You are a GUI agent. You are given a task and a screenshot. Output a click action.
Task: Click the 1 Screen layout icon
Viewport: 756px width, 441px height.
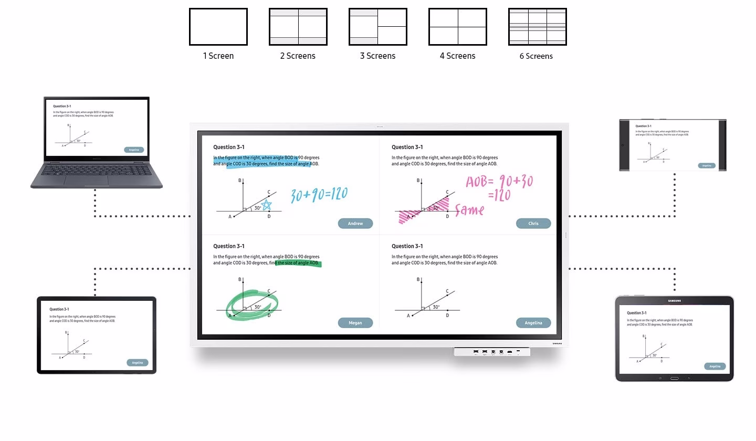[218, 27]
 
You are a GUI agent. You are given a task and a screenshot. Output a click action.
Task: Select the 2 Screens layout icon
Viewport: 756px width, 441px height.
[298, 27]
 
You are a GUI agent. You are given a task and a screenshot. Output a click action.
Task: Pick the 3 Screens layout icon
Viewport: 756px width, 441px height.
[377, 27]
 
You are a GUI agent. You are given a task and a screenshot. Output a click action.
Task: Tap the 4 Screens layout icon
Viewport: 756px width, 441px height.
[457, 27]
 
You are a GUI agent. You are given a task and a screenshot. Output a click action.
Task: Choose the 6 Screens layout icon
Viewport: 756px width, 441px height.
[537, 27]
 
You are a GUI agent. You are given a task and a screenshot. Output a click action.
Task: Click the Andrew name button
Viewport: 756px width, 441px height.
[355, 224]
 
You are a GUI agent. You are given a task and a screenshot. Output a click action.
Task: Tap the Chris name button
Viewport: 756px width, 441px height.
[533, 224]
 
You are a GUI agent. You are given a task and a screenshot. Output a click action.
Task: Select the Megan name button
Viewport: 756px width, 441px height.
[355, 323]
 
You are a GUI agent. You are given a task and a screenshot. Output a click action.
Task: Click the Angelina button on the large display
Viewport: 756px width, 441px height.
[533, 323]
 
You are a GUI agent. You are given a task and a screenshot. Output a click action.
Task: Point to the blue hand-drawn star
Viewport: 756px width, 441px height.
[267, 205]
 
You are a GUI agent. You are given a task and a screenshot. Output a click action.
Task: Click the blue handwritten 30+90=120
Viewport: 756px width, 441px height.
[319, 195]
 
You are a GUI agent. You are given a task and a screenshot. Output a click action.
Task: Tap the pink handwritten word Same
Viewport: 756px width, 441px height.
[469, 211]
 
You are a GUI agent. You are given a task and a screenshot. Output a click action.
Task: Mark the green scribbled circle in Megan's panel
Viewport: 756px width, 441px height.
[252, 304]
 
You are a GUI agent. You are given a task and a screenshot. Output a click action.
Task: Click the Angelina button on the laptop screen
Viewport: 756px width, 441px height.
[134, 150]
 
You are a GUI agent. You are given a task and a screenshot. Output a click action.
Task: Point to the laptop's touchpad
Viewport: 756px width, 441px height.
[86, 181]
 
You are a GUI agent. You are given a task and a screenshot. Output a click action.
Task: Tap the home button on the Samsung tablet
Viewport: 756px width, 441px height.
[674, 378]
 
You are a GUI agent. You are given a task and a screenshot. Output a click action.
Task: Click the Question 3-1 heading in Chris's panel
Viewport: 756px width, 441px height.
[407, 147]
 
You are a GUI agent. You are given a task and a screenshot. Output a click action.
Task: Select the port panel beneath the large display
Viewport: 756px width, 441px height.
[492, 352]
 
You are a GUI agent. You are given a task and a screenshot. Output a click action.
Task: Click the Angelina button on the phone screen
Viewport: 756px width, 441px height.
[707, 165]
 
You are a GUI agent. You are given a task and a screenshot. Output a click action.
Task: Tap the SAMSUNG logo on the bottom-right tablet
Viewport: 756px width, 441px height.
[674, 301]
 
